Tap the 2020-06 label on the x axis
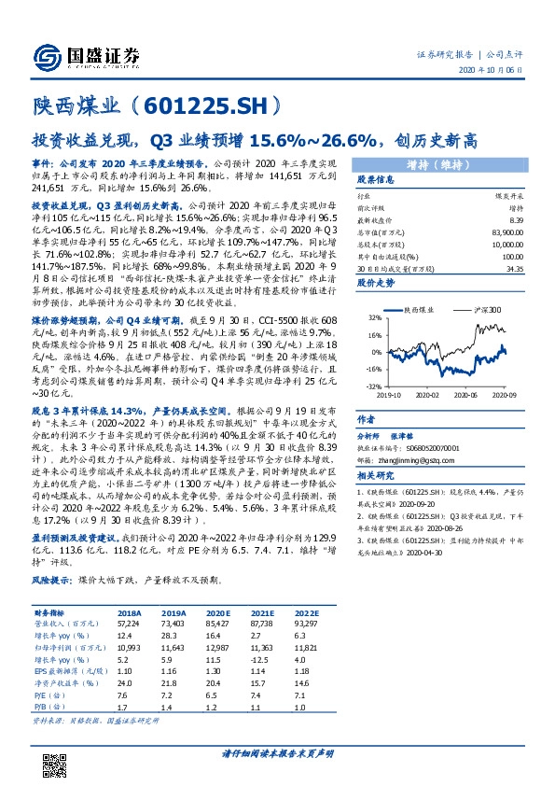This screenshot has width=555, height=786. click(x=467, y=395)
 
